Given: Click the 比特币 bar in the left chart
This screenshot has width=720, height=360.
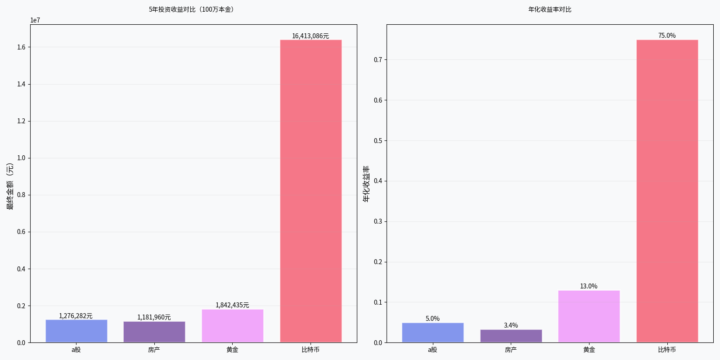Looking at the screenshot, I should click(x=310, y=191).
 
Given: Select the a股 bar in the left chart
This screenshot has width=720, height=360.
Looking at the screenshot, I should click(x=76, y=331).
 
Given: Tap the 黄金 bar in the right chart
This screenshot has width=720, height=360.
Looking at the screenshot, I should click(x=589, y=316).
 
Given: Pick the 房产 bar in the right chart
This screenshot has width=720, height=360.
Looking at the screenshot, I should click(x=511, y=336).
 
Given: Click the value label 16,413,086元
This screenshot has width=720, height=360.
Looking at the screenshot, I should click(x=310, y=36).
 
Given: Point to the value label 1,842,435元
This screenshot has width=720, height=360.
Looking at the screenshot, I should click(x=232, y=305).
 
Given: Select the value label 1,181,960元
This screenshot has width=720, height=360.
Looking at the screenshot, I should click(x=154, y=317).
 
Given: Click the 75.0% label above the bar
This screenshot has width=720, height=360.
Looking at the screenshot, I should click(x=667, y=36).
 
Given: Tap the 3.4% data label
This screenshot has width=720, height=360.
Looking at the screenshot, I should click(x=511, y=325).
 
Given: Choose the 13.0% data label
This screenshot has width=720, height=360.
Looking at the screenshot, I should click(x=589, y=286).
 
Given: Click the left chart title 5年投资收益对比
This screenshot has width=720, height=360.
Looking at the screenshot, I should click(x=191, y=9).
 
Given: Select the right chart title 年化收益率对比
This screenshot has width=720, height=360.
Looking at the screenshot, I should click(x=550, y=9).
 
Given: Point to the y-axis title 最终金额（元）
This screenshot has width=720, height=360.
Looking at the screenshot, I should click(x=10, y=186).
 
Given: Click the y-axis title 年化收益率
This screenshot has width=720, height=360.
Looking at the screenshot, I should click(x=366, y=184).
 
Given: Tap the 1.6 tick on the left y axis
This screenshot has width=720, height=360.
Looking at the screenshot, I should click(x=21, y=47).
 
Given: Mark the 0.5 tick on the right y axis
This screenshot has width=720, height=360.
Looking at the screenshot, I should click(x=378, y=141).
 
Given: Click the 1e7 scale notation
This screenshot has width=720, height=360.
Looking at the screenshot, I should click(x=35, y=20).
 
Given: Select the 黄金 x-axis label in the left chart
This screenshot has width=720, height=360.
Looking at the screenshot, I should click(x=232, y=350).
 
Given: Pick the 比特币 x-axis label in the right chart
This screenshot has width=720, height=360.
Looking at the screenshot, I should click(x=667, y=350).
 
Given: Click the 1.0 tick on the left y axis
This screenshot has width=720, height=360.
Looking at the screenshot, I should click(x=21, y=158).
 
